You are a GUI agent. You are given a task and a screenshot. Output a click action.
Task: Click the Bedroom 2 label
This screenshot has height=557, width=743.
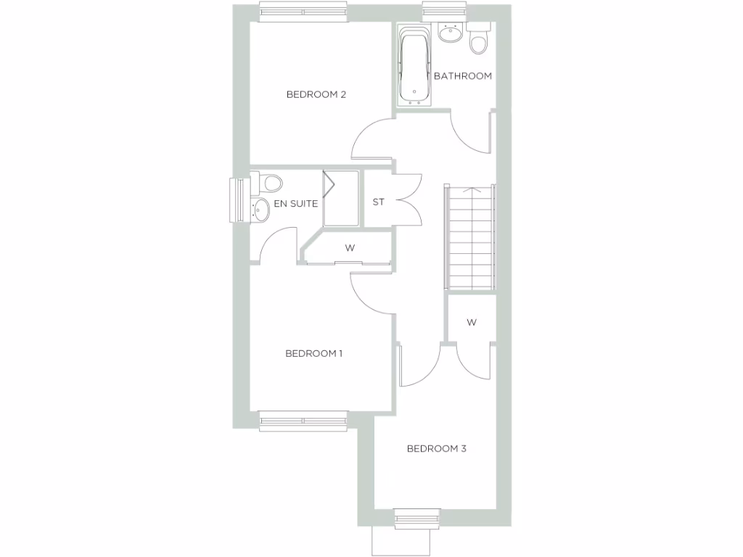click(316, 94)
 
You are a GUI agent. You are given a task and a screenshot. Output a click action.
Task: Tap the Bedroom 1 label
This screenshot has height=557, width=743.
click(313, 354)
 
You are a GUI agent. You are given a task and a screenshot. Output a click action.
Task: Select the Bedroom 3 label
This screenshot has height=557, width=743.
click(436, 449)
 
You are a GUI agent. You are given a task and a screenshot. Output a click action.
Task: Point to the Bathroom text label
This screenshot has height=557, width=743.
click(463, 76)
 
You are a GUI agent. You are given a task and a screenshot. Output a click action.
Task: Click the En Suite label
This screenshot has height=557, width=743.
click(295, 204)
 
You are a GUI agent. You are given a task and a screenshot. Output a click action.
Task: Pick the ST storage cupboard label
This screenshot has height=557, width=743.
click(378, 202)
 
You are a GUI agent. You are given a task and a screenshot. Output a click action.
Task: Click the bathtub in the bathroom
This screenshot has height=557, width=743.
click(415, 65)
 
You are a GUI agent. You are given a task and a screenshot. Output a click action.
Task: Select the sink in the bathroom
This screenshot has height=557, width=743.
click(451, 33)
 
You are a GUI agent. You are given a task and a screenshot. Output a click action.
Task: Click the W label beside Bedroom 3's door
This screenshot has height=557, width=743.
click(472, 323)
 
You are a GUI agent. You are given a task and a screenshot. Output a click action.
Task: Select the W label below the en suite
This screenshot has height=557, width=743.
click(350, 248)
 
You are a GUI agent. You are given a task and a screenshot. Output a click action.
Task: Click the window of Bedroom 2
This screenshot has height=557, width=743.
click(303, 12)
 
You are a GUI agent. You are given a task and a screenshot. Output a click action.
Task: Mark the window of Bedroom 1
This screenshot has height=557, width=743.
click(303, 421)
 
